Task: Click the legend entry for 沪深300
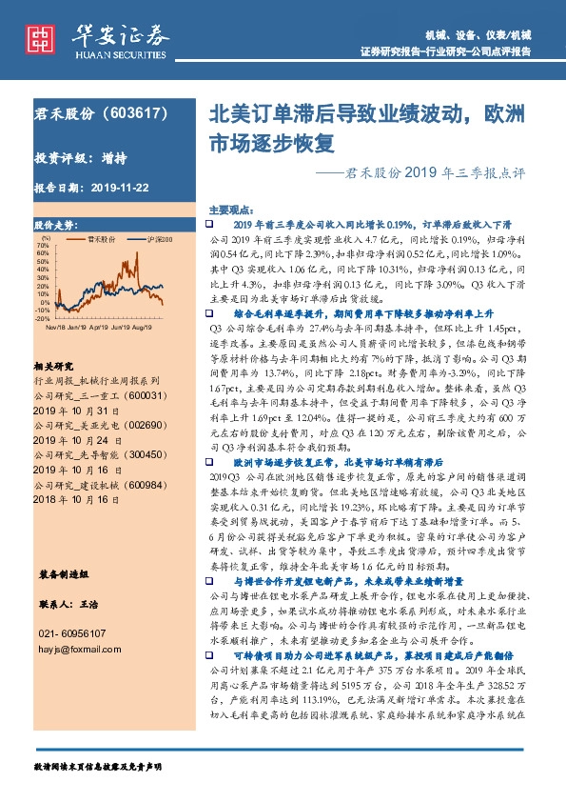coord(160,239)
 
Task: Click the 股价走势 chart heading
coord(53,225)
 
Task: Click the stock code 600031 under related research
coord(141,394)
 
